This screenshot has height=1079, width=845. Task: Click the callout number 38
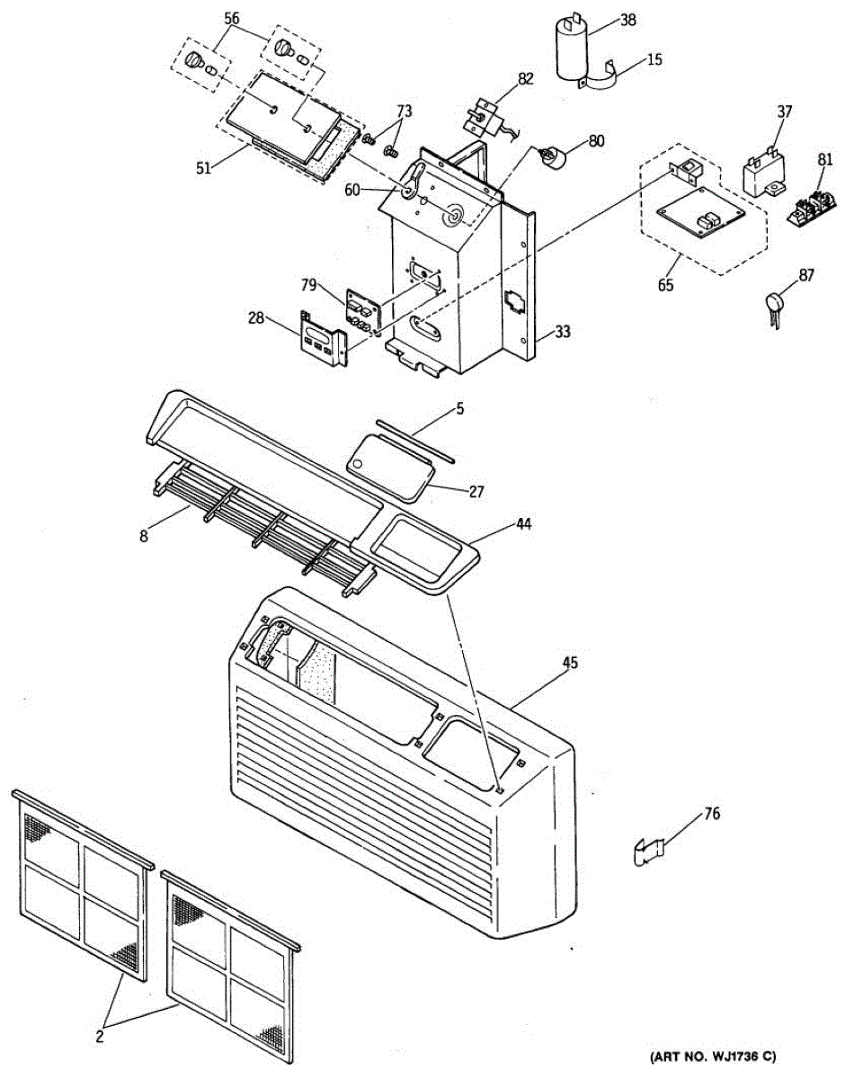(x=627, y=19)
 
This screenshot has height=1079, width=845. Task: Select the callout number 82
(x=526, y=78)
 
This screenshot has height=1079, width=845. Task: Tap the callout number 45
(x=570, y=663)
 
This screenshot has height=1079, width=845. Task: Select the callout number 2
(x=99, y=1035)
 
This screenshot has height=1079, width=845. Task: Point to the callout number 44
(x=524, y=523)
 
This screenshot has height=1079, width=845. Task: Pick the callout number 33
(x=562, y=332)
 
